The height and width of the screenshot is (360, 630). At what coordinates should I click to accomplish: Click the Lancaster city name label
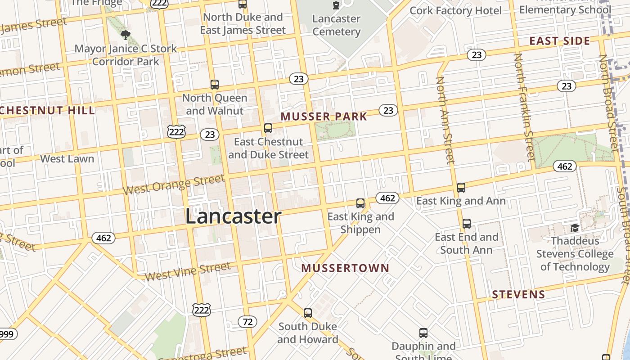pos(233,216)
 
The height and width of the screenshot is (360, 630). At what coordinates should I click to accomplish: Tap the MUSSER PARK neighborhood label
pos(324,117)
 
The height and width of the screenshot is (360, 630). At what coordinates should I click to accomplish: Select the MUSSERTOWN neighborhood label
pos(345,268)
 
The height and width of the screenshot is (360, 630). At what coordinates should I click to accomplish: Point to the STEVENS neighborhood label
pos(518,295)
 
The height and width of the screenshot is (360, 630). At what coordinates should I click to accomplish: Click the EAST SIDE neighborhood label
pos(559,41)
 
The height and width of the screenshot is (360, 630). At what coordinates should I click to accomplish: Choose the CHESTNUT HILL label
pos(47,111)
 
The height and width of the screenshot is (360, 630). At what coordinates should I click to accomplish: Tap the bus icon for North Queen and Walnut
pos(215,84)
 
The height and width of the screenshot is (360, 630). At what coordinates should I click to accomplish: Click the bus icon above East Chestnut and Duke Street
pos(268,128)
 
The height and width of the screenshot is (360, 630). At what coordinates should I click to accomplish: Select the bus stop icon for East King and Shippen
pos(360,203)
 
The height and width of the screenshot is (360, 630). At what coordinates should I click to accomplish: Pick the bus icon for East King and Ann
pos(461,188)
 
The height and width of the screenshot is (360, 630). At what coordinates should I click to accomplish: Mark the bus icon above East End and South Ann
pos(467,224)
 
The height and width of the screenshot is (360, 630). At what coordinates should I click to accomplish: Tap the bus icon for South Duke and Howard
pos(308,313)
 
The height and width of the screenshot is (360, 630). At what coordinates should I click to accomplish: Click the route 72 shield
pos(247,322)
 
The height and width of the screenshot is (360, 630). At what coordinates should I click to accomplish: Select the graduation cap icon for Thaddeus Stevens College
pos(575,228)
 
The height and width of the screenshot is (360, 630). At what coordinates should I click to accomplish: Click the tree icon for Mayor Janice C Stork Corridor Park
pos(126,35)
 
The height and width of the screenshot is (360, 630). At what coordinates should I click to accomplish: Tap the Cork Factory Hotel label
pos(455,10)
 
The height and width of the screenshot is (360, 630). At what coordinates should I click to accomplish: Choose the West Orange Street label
pos(173,185)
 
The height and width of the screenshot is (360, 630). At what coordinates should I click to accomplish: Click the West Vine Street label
pos(188,271)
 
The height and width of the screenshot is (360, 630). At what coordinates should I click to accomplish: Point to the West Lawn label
pos(67,159)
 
